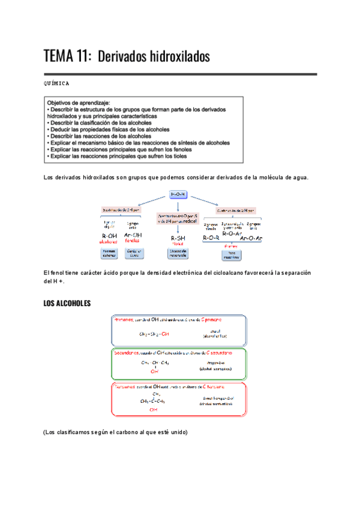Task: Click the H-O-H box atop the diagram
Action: click(x=179, y=194)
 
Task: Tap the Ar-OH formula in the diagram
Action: click(x=133, y=236)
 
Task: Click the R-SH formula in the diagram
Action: click(x=178, y=238)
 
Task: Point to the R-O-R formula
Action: click(x=211, y=238)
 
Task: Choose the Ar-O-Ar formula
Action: click(x=251, y=238)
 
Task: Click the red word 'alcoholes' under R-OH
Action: click(x=109, y=242)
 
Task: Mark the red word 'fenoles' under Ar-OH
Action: click(x=133, y=242)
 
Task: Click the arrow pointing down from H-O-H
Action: click(x=179, y=205)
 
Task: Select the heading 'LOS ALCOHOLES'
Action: click(x=67, y=304)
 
